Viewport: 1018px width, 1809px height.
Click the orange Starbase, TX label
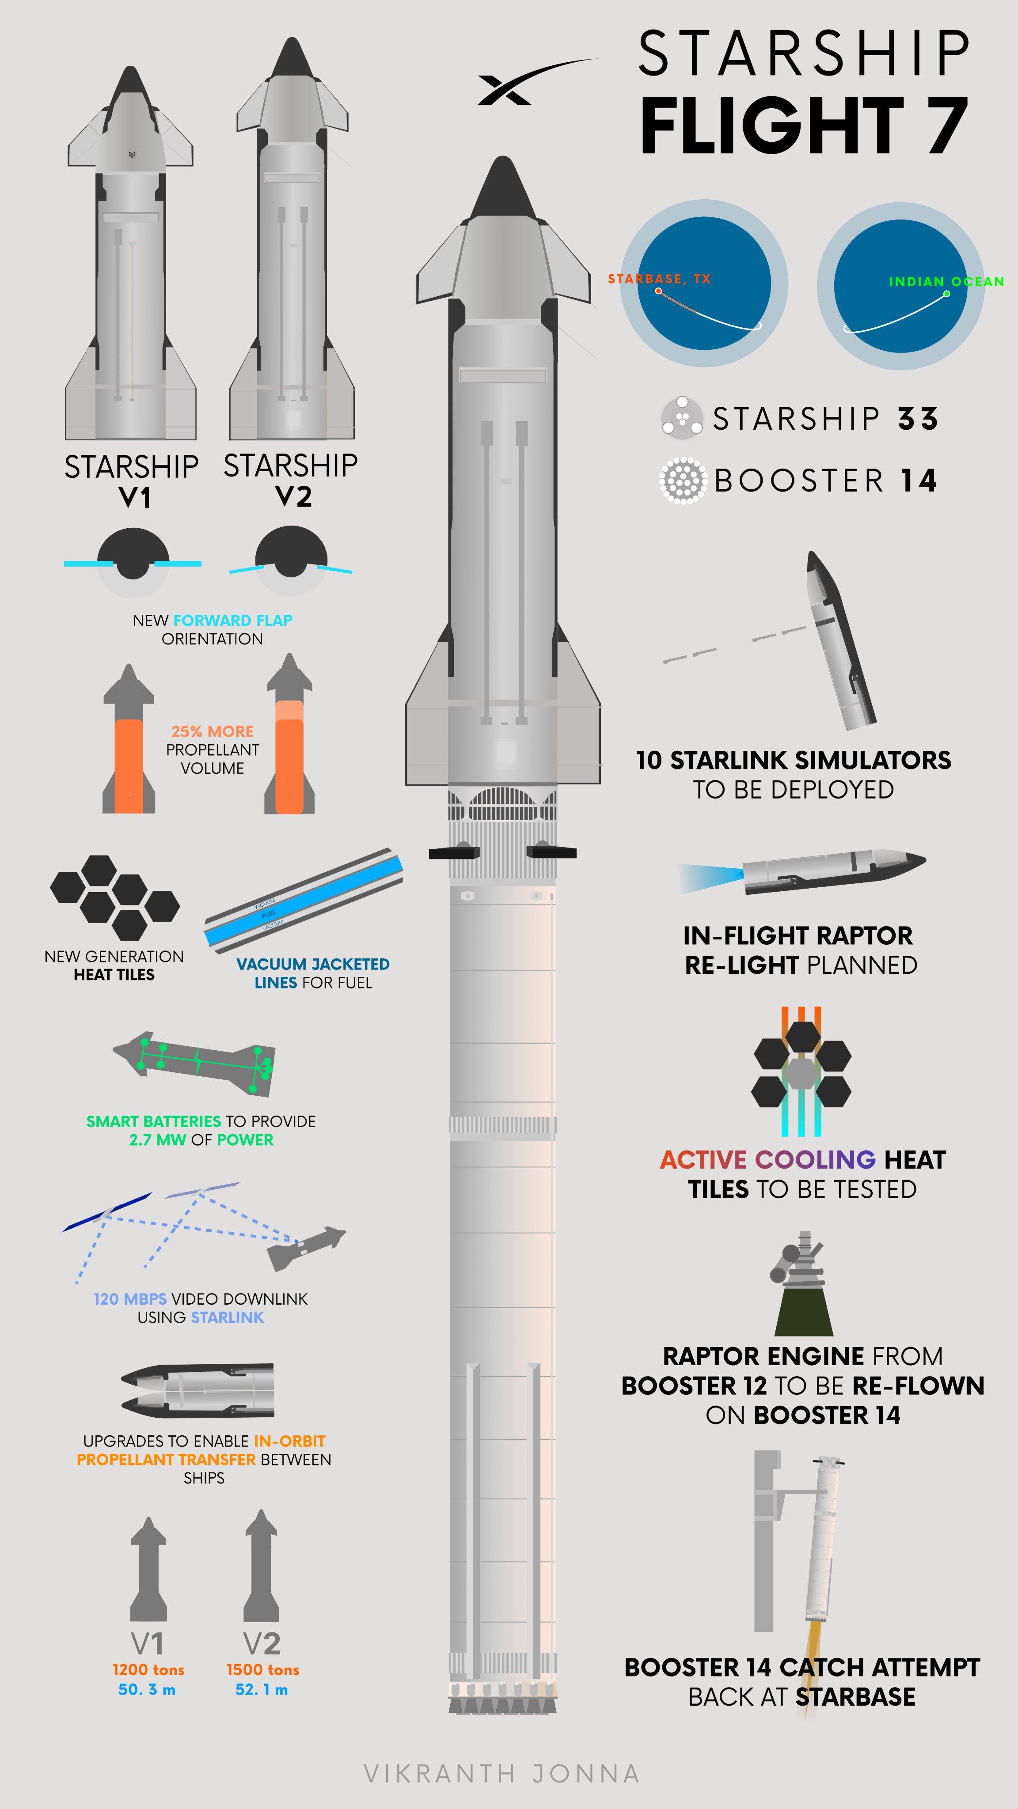(x=659, y=279)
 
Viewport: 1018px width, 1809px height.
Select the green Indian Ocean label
(x=946, y=282)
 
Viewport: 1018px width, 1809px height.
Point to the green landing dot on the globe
(x=946, y=294)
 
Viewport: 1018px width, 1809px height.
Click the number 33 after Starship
(x=918, y=419)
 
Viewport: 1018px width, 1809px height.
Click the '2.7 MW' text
(x=157, y=1140)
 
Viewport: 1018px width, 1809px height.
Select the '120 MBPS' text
(x=130, y=1299)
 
